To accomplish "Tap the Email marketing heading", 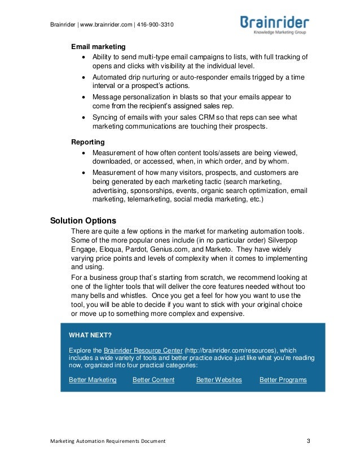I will click(x=98, y=46).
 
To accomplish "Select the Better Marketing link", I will click(x=93, y=380).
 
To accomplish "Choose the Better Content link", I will click(x=153, y=380).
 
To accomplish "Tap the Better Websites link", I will click(x=219, y=380).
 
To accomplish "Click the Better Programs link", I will click(x=283, y=380).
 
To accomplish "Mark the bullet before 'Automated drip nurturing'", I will click(x=85, y=76).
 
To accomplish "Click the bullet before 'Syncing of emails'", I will click(x=85, y=117).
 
